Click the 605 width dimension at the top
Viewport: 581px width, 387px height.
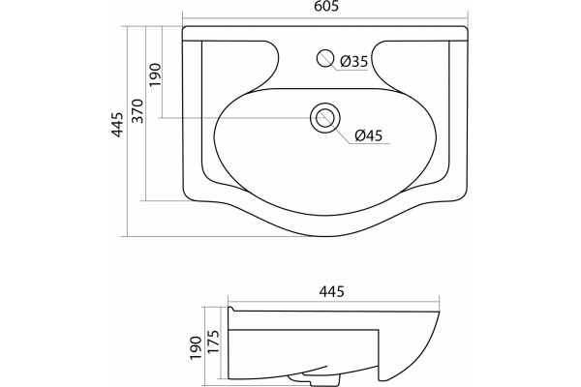(327, 6)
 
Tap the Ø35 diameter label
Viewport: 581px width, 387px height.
(353, 61)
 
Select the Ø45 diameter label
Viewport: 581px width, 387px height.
(368, 135)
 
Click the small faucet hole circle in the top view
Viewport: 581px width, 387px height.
(325, 58)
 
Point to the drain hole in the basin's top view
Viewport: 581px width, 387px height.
(325, 118)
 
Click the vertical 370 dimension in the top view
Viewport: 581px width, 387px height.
(138, 110)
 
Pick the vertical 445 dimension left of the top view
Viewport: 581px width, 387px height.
(118, 125)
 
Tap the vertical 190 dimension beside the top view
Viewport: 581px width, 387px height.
(155, 75)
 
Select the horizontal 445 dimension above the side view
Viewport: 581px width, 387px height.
(332, 291)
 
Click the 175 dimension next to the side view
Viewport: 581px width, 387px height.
(213, 342)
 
